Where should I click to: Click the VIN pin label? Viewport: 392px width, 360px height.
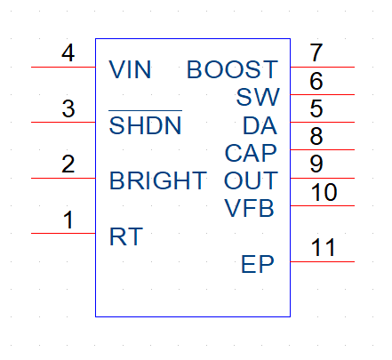[130, 69]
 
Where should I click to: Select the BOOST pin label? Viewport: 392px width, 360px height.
[233, 69]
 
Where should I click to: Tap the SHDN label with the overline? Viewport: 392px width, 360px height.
[145, 123]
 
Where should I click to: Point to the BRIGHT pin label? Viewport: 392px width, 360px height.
[158, 180]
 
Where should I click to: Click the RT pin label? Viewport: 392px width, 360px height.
[126, 236]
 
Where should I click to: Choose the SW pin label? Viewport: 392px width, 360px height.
[258, 97]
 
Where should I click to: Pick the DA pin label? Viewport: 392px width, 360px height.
[260, 125]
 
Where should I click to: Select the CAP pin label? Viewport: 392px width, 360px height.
[251, 153]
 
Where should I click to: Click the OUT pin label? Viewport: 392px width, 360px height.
[251, 180]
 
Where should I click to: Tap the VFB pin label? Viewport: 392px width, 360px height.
[249, 208]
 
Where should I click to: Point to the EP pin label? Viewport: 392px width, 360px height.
[258, 264]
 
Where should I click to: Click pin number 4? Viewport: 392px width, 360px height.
[68, 53]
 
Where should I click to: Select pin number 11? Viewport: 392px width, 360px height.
[323, 247]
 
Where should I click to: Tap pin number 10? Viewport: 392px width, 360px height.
[324, 192]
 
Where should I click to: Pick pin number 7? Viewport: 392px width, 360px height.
[316, 52]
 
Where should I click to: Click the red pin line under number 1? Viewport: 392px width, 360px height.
[63, 233]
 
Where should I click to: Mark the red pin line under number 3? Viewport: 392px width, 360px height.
[63, 122]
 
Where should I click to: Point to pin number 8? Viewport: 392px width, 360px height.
[316, 136]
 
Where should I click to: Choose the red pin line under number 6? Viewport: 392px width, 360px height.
[323, 94]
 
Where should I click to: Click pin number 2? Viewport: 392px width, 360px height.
[68, 164]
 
